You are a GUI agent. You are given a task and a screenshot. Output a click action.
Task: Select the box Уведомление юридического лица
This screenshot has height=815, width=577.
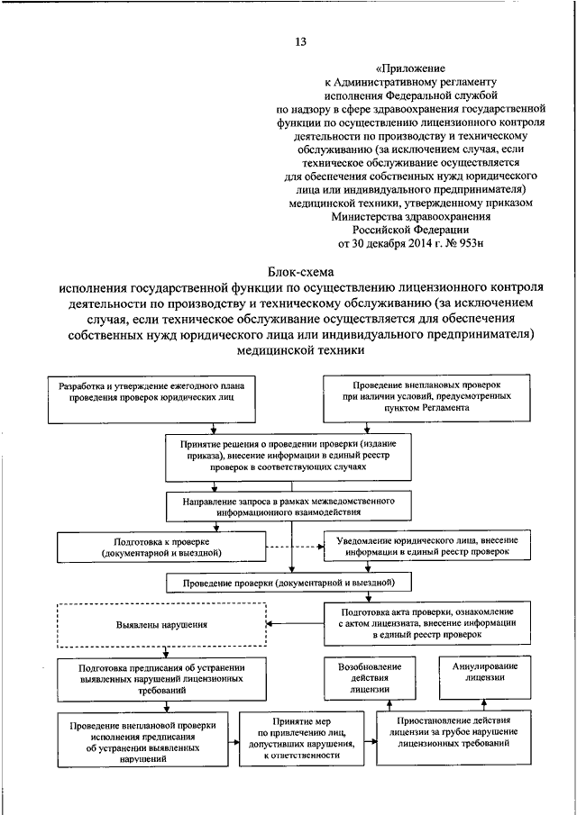[x=426, y=545]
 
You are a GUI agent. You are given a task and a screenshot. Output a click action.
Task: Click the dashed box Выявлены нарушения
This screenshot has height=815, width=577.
[x=162, y=624]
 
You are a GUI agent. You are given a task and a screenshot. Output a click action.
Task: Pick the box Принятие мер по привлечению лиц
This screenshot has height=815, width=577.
[x=303, y=738]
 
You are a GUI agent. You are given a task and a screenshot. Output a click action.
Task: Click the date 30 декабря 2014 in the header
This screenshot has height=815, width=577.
[x=398, y=242]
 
